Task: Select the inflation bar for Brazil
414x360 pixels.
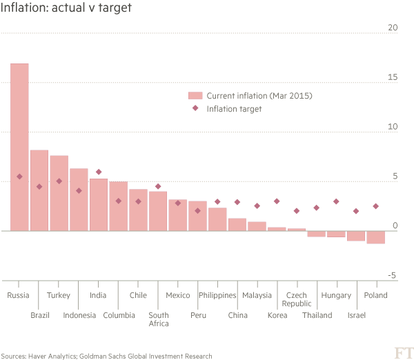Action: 39,190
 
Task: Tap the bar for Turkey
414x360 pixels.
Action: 59,193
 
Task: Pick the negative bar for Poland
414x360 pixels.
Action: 376,237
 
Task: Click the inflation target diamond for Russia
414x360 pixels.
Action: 20,177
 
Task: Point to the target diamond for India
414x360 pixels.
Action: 99,172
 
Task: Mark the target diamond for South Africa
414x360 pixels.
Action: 158,186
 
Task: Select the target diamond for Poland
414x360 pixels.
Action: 376,206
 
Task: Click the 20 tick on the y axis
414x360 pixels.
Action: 393,28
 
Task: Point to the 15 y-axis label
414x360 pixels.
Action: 393,77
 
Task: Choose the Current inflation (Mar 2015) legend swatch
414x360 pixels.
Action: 195,96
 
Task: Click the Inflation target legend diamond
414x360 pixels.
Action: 195,108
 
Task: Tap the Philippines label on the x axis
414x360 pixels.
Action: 217,295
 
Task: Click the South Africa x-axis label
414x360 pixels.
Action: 158,319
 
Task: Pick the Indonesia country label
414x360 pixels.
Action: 79,315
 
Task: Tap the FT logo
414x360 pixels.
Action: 401,352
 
